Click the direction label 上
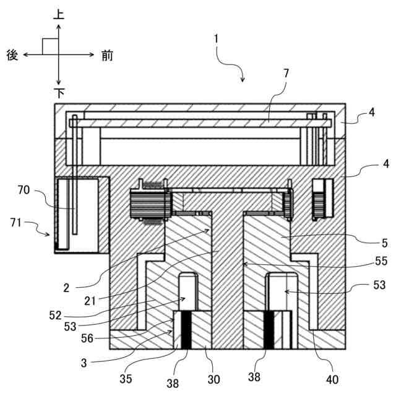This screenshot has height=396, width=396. pos(59,14)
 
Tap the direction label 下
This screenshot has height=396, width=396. pos(59,93)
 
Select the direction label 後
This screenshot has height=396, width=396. pos(12,55)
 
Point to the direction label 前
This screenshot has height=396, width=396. pos(106,55)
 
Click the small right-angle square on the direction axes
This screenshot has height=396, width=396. pos(49,46)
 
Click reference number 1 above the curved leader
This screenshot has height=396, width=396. pos(216,38)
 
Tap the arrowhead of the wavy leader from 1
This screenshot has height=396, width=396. pos(243,80)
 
